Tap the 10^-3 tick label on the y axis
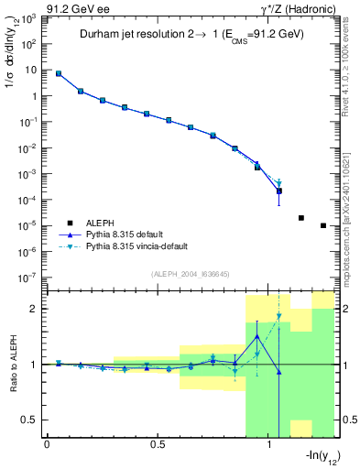pos(30,173)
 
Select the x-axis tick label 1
pos(269,445)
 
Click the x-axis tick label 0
pos(47,445)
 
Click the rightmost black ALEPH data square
pos(323,225)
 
